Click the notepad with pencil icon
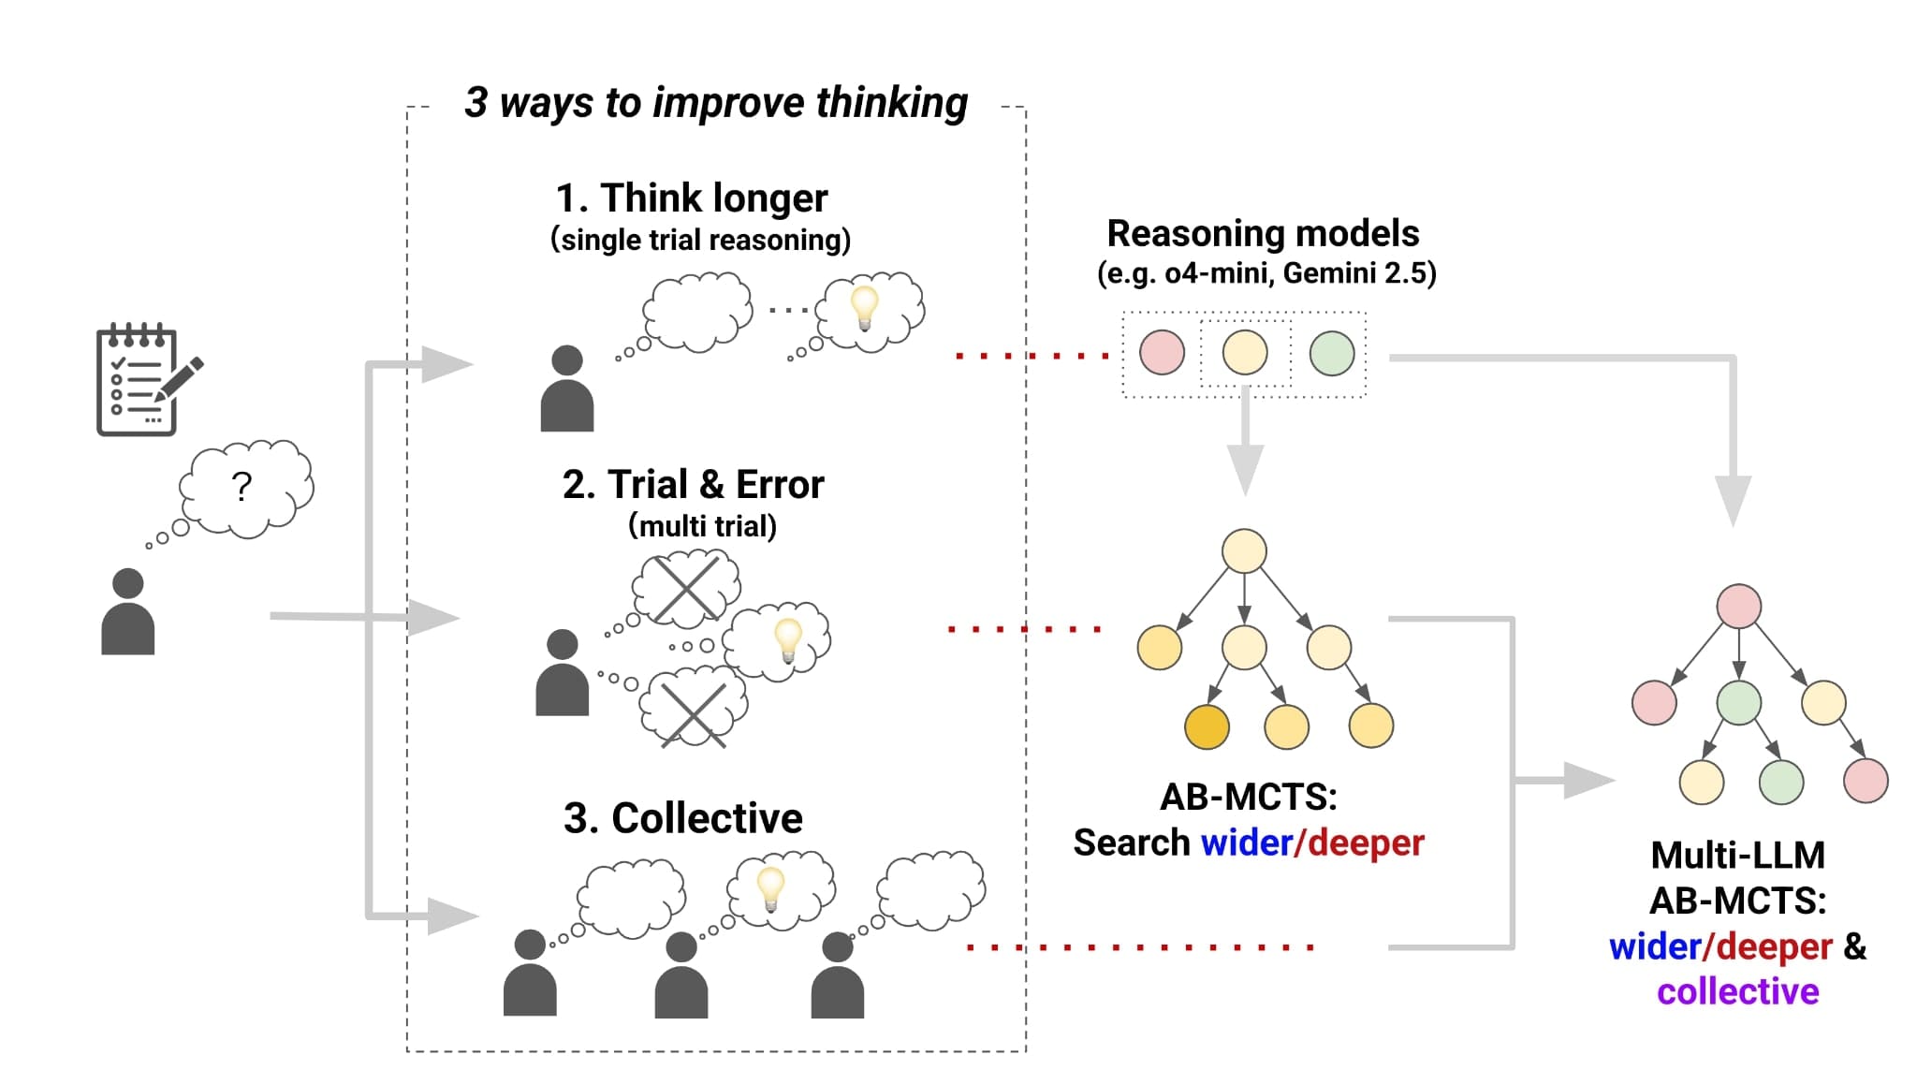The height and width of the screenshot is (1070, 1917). point(145,380)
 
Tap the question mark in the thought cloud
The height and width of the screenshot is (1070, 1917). point(241,487)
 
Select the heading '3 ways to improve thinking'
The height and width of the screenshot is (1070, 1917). point(716,103)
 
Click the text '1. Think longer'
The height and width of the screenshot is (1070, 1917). point(692,198)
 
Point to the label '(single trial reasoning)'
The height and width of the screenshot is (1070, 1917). point(700,240)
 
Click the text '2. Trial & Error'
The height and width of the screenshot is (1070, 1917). point(693,485)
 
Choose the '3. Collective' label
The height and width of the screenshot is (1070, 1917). point(683,818)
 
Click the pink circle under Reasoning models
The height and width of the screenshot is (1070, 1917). point(1162,353)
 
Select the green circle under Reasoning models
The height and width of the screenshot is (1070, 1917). point(1332,353)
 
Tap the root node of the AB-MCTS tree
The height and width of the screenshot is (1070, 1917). point(1244,550)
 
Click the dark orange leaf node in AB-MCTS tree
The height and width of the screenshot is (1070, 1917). point(1207,726)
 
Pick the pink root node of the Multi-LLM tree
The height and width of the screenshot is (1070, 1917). point(1738,607)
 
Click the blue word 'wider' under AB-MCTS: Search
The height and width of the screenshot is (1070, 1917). point(1246,843)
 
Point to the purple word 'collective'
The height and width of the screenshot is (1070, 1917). point(1737,991)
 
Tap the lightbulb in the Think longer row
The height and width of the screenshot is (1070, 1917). point(864,307)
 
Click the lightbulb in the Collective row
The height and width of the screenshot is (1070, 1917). point(770,887)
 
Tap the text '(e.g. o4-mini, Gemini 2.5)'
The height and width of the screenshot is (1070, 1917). point(1266,273)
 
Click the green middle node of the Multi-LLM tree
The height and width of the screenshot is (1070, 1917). point(1738,703)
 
